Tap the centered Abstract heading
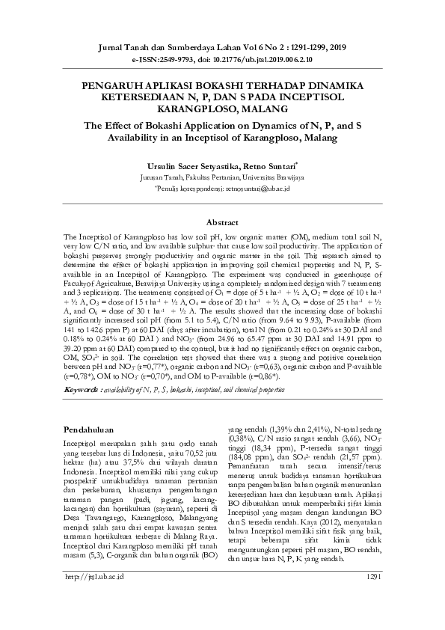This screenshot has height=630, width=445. (222, 222)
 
